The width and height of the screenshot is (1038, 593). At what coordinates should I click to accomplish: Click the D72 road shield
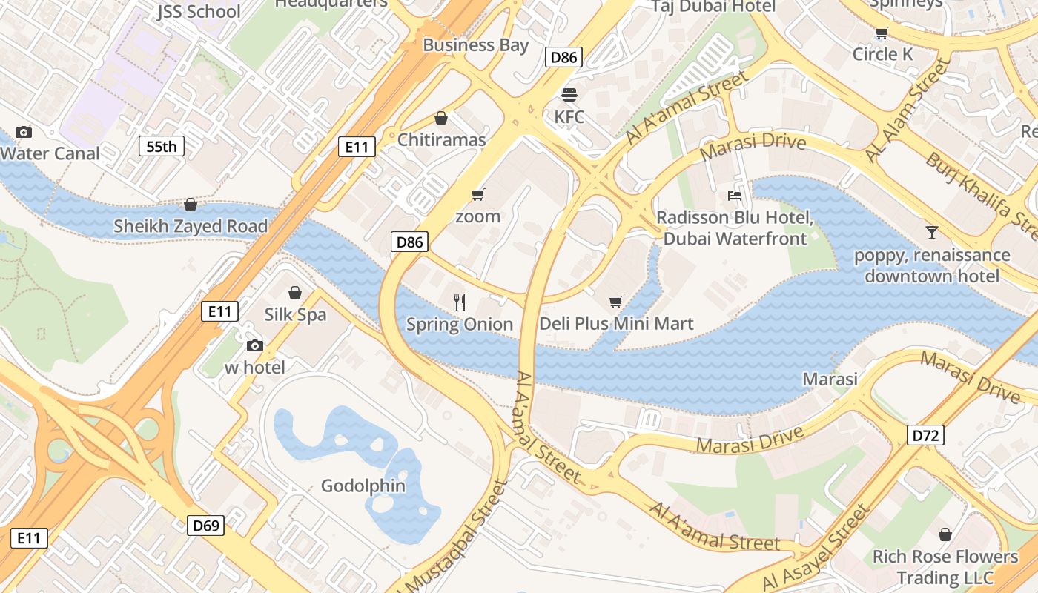[925, 435]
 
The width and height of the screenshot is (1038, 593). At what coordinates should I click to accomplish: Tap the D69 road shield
[206, 526]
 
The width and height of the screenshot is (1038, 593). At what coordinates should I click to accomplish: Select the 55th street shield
[162, 146]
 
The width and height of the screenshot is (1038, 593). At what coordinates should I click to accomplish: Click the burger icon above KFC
[569, 95]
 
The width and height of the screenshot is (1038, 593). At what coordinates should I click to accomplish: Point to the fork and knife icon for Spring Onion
[460, 302]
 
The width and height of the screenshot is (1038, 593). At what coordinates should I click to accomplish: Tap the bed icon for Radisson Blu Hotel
[735, 196]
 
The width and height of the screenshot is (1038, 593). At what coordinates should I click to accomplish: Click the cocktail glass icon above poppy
[932, 233]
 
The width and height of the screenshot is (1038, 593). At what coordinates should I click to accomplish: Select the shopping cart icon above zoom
[477, 195]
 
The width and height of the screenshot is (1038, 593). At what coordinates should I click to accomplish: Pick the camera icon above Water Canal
[24, 132]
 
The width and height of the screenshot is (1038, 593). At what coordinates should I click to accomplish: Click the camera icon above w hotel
[254, 345]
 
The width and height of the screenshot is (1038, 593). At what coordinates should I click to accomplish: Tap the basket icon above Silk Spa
[295, 293]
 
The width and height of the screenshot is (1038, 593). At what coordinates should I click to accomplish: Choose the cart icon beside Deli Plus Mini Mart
[615, 302]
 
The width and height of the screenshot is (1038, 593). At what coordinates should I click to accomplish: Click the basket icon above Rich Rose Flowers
[945, 534]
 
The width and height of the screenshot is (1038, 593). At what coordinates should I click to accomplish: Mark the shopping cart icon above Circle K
[882, 33]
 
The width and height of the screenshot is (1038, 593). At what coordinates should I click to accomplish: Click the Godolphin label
[363, 486]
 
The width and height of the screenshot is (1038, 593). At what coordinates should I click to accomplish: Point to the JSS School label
[199, 11]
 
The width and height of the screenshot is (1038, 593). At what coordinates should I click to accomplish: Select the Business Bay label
[476, 44]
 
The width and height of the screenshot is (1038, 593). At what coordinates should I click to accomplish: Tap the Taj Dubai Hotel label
[713, 7]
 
